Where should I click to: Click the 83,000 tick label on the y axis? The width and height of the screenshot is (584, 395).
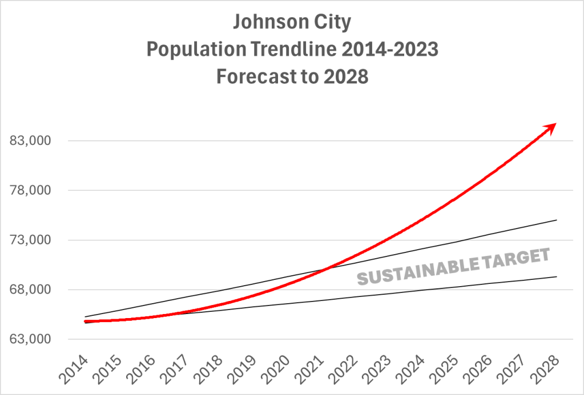coord(29,141)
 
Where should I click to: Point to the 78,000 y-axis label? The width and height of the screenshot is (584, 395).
coord(29,190)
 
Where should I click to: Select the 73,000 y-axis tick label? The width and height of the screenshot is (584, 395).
coord(29,240)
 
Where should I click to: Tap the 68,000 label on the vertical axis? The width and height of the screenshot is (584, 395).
coord(29,290)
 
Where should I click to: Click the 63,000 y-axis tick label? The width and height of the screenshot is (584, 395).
coord(29,339)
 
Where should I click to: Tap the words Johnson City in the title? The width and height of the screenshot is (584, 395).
coord(292,23)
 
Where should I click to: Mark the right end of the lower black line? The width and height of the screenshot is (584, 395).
coord(557,276)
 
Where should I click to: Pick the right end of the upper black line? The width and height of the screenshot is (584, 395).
coord(557,220)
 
